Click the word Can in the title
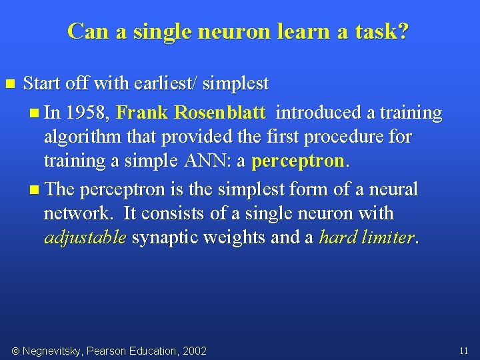pos(85,31)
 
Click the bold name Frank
pos(142,113)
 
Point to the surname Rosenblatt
pos(220,113)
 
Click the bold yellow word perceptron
pos(298,161)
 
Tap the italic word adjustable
pos(85,238)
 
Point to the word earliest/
pos(164,83)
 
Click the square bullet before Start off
pos(9,84)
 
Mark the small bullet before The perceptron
pos(35,190)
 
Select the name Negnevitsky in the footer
pos(53,351)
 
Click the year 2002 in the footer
pos(195,351)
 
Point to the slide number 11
pos(463,350)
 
